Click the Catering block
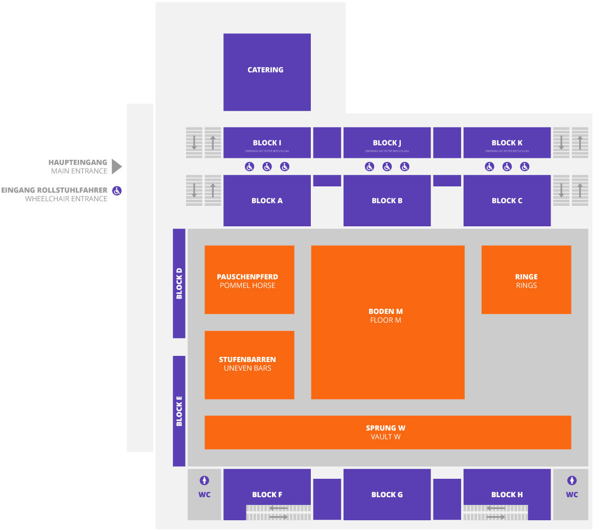(267, 72)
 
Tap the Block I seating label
(267, 143)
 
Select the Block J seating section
(387, 142)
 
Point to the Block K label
(507, 143)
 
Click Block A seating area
(267, 201)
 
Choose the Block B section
(387, 201)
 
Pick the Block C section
(507, 201)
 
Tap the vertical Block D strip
(179, 283)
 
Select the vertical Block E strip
(179, 411)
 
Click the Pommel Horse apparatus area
(249, 280)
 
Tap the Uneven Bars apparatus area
(249, 365)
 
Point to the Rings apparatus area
(526, 280)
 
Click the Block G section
(387, 494)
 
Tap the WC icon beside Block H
(572, 481)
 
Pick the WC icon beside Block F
(204, 481)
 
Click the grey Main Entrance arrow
(117, 166)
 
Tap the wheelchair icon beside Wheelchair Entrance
(117, 191)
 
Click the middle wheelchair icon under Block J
(387, 166)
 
